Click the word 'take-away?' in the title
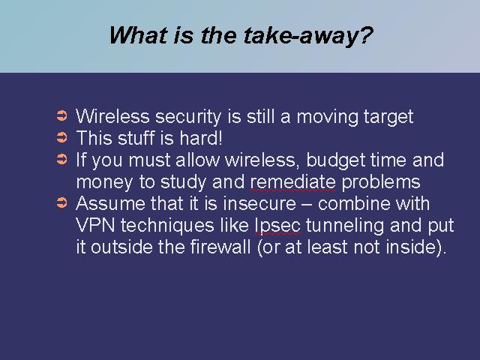pyautogui.click(x=308, y=36)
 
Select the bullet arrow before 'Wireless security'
pyautogui.click(x=61, y=115)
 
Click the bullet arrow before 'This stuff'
pyautogui.click(x=61, y=137)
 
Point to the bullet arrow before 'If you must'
pyautogui.click(x=61, y=159)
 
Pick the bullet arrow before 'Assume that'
pyautogui.click(x=61, y=202)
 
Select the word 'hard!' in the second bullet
pyautogui.click(x=201, y=138)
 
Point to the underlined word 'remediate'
pyautogui.click(x=293, y=182)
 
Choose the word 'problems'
pyautogui.click(x=380, y=183)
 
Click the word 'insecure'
pyautogui.click(x=259, y=203)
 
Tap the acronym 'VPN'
pyautogui.click(x=95, y=225)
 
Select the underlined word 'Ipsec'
pyautogui.click(x=277, y=226)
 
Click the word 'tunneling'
pyautogui.click(x=345, y=226)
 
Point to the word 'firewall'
pyautogui.click(x=220, y=247)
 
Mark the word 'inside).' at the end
pyautogui.click(x=416, y=247)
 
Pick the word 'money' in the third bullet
pyautogui.click(x=104, y=183)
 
